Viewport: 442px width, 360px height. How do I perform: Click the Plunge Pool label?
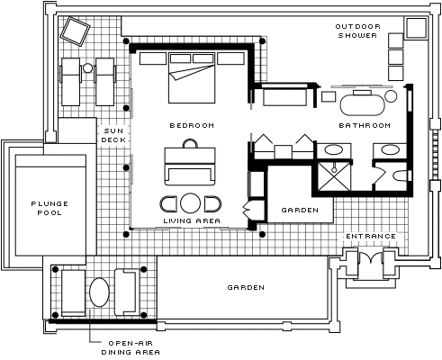tap(50, 208)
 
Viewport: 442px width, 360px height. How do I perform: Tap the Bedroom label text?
tap(192, 125)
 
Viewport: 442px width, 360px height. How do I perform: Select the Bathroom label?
tap(365, 125)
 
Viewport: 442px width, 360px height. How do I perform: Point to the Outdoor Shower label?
tap(357, 31)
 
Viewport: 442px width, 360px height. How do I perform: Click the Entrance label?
tap(371, 237)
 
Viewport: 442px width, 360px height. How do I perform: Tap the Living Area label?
tap(192, 220)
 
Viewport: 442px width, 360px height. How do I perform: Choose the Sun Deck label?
tap(113, 135)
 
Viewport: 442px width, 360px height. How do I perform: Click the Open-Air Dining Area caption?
tap(131, 347)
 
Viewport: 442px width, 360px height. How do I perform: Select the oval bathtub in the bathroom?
tap(363, 104)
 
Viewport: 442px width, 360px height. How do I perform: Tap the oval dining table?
tap(99, 292)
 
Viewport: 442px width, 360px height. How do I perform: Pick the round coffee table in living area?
tap(191, 203)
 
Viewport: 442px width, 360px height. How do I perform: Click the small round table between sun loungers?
tap(87, 68)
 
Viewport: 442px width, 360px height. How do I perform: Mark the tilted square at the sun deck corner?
tap(75, 31)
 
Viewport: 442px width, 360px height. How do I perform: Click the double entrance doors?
tap(371, 257)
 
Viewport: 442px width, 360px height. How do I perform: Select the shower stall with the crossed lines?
tap(334, 176)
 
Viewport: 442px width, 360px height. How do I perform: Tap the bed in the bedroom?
tap(192, 77)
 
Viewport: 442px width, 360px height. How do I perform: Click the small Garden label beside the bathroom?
tap(300, 210)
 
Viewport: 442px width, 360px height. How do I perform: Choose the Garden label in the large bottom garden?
tap(246, 287)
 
